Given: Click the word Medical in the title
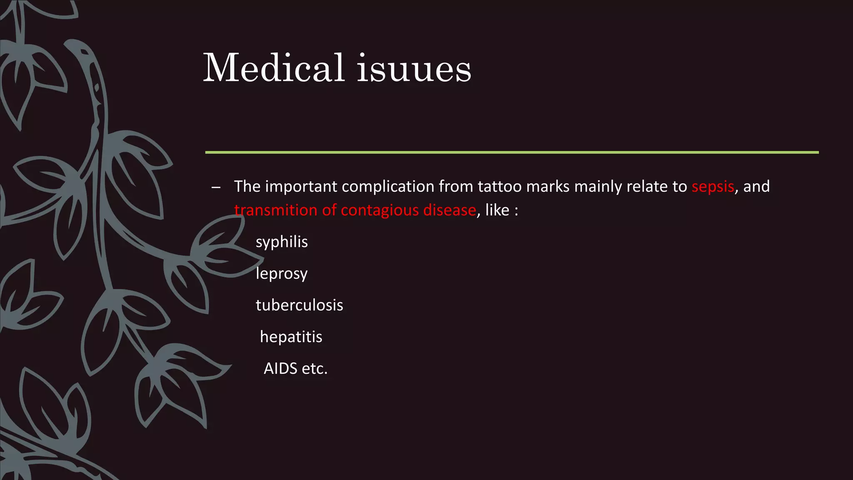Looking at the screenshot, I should pyautogui.click(x=274, y=68).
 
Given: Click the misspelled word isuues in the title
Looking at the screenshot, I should pyautogui.click(x=414, y=69).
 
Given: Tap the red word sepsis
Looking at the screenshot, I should pyautogui.click(x=713, y=187).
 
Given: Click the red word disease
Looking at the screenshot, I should pyautogui.click(x=449, y=210).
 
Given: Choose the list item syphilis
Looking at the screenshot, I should pyautogui.click(x=282, y=242).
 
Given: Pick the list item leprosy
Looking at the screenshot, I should pyautogui.click(x=282, y=274).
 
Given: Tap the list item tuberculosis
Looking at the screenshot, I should pyautogui.click(x=299, y=305).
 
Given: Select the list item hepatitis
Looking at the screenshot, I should pyautogui.click(x=291, y=337).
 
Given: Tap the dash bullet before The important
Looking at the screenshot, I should pyautogui.click(x=216, y=187).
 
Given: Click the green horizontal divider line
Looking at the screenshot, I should pyautogui.click(x=511, y=152).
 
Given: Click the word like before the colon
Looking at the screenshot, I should pyautogui.click(x=497, y=210).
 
